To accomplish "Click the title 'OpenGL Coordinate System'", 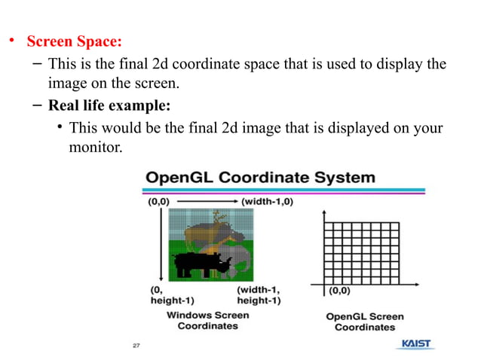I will click(x=260, y=178).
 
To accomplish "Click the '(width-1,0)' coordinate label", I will click(x=267, y=201).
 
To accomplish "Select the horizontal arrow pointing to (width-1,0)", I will click(x=207, y=201).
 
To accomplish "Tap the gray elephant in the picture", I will click(x=240, y=260).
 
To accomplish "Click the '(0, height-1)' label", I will click(x=166, y=294).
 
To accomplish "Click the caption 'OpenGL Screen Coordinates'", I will click(x=365, y=322).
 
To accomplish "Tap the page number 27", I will click(x=136, y=346).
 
